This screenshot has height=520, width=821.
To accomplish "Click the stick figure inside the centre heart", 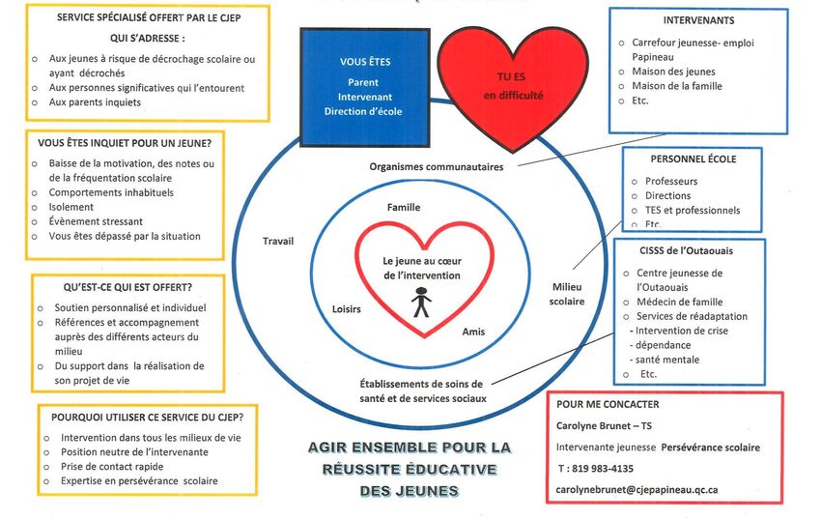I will click(420, 304).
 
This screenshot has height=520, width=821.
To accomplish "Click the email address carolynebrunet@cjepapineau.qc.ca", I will click(637, 489).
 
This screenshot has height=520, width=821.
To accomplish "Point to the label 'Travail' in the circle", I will click(278, 241).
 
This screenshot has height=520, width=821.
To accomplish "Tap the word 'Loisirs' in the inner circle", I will click(346, 310).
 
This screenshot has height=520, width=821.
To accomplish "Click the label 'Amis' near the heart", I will click(473, 332).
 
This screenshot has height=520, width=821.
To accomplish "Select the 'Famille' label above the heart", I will click(404, 207).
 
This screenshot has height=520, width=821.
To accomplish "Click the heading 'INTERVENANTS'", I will click(698, 20).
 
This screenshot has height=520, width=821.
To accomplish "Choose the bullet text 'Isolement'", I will click(71, 207).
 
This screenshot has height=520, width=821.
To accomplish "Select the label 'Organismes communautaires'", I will click(437, 166).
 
